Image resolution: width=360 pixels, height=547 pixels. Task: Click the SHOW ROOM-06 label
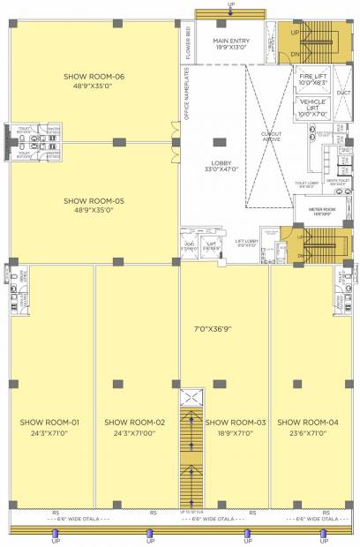(x=94, y=77)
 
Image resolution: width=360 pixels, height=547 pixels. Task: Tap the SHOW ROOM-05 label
(x=94, y=201)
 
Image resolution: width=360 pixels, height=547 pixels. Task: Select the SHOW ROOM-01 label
(x=50, y=422)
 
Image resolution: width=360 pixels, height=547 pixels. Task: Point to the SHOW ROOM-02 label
(x=135, y=422)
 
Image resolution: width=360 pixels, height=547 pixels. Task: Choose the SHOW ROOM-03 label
(x=236, y=422)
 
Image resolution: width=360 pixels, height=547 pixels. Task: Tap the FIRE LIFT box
(x=314, y=80)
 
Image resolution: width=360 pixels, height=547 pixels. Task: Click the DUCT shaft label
(x=344, y=92)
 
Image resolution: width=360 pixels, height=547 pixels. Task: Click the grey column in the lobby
(x=216, y=139)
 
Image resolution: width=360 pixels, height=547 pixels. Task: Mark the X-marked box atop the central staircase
(x=191, y=397)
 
